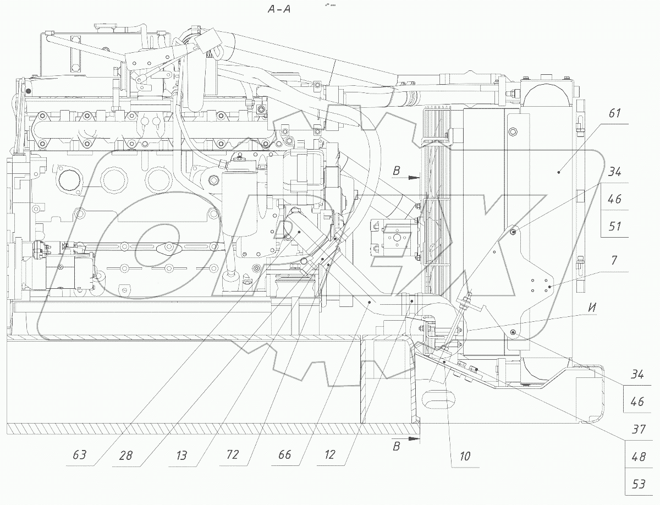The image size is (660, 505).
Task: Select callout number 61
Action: (614, 114)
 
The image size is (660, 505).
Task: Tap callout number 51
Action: (615, 226)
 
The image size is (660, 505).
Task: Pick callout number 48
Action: (637, 457)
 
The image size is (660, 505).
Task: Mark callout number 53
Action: (637, 484)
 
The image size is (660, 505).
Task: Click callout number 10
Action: (465, 456)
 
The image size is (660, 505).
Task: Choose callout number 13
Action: (181, 455)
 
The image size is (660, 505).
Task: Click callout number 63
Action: (80, 455)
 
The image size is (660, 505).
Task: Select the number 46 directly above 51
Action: (615, 199)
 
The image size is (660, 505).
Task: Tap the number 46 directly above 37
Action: (637, 402)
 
